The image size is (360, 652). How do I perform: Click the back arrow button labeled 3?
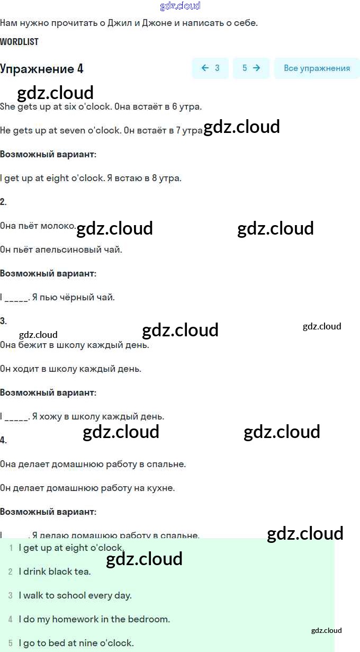point(210,68)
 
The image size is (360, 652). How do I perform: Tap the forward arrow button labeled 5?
point(251,68)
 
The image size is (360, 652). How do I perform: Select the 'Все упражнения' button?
point(317,68)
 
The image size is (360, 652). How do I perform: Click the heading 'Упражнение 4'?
point(42,69)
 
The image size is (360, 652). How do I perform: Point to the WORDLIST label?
point(20,42)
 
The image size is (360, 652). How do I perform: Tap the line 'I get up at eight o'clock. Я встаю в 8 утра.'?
point(91,178)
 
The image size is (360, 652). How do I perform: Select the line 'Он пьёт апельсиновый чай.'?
point(61,249)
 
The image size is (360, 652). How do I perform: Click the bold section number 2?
point(3,202)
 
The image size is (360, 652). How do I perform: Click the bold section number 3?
point(3,321)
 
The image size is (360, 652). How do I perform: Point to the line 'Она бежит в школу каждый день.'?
point(75,345)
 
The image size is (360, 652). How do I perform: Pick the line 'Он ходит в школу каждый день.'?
point(70,369)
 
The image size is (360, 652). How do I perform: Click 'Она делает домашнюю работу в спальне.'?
point(93,464)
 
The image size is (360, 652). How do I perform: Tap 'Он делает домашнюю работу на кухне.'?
point(87,488)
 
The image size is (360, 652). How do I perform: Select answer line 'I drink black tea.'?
point(55,571)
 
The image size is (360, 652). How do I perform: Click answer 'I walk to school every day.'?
point(75,595)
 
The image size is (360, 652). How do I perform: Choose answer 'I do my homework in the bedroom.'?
point(94,619)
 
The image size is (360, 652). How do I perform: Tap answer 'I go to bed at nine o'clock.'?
point(76,643)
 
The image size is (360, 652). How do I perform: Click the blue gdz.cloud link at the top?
point(180,6)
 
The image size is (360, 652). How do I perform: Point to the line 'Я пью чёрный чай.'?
point(73,297)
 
